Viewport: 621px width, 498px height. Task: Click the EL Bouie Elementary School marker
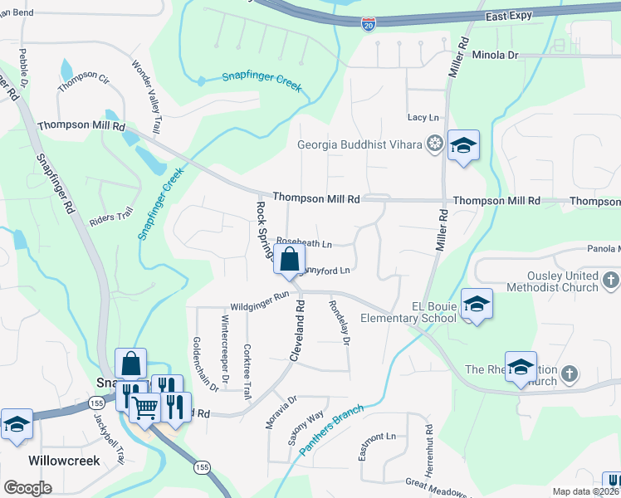[477, 305]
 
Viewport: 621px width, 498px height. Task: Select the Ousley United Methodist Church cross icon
[611, 280]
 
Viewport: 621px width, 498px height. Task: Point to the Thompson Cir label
[83, 81]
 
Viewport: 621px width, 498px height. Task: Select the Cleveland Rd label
[296, 330]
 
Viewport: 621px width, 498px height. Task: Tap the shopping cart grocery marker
[145, 408]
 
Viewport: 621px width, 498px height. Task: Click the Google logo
[27, 488]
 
